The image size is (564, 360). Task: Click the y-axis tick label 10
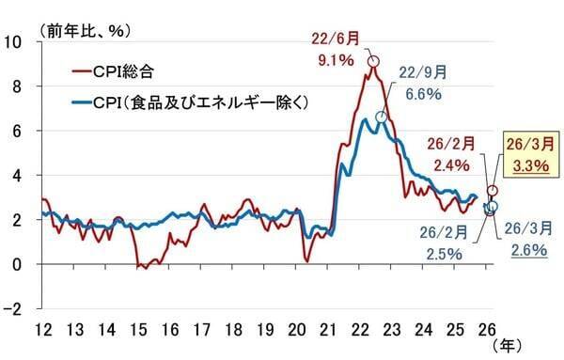(x=17, y=41)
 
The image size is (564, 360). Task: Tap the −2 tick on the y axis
(x=17, y=308)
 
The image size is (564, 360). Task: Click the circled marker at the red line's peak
(x=373, y=62)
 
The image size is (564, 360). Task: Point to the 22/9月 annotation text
(x=424, y=70)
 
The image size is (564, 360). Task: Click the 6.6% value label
(x=422, y=94)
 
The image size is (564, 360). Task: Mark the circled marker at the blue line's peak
(x=381, y=117)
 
